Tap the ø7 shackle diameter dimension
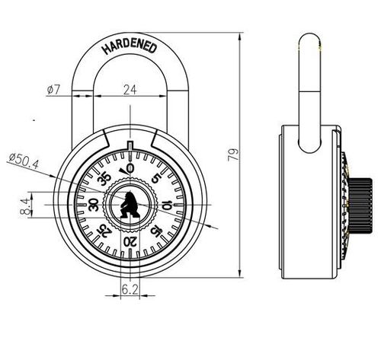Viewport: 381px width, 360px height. [53, 90]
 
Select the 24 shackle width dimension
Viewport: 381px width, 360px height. [130, 90]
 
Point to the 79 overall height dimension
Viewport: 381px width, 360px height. [233, 154]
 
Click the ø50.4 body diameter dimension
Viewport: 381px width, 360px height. [24, 161]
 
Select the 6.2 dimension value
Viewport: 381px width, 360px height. [130, 289]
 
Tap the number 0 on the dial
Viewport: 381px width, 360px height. [130, 168]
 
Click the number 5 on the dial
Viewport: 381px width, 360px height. [156, 178]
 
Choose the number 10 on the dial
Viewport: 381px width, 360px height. [166, 205]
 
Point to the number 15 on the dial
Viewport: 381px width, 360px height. [155, 231]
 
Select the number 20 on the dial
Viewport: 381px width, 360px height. [130, 242]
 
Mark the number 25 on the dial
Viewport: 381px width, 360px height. [104, 231]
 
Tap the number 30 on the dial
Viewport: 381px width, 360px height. [93, 205]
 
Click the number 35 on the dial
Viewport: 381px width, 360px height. [104, 179]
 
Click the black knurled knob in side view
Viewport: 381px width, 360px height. [360, 205]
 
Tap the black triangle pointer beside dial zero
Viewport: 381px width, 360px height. [123, 171]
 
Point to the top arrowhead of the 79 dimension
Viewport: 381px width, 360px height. [239, 37]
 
